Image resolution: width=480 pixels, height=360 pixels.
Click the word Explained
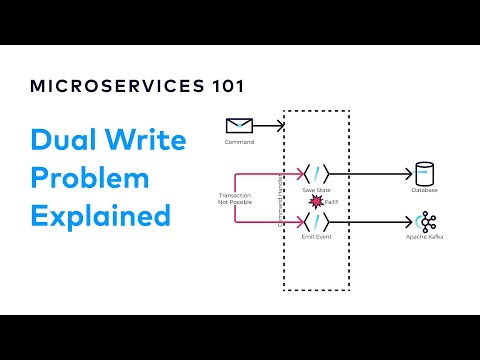[102, 216]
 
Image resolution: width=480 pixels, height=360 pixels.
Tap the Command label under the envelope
[240, 143]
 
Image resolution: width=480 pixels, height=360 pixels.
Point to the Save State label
[317, 191]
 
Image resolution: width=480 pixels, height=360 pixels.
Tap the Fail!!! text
[332, 203]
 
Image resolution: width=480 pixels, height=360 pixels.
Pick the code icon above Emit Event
[317, 221]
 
